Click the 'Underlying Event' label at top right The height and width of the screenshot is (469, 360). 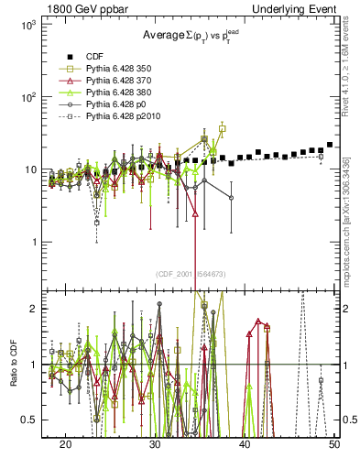(292, 7)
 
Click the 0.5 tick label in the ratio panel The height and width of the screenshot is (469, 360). (26, 420)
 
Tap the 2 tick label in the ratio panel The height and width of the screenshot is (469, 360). (31, 310)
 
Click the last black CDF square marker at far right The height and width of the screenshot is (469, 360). (330, 145)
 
